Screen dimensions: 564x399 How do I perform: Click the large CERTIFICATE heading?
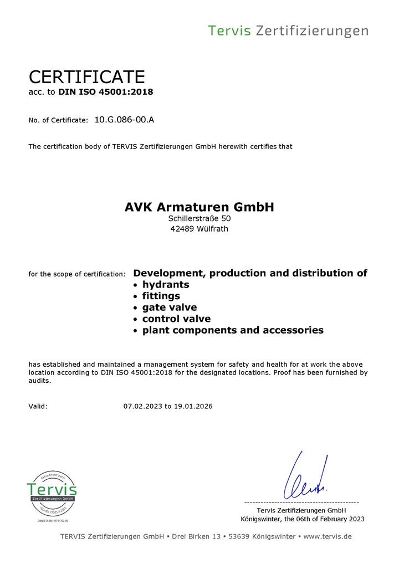pos(86,76)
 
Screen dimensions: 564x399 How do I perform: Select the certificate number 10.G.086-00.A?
pos(124,119)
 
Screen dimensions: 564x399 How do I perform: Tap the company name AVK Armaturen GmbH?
pos(199,207)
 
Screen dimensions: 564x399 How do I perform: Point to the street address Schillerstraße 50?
pos(199,219)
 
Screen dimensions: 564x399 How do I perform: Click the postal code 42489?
pos(182,229)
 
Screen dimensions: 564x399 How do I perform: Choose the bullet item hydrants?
pos(166,285)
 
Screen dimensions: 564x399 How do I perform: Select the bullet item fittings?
pos(161,296)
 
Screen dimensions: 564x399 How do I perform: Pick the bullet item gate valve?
pos(169,307)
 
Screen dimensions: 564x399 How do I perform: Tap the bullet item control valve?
pos(176,319)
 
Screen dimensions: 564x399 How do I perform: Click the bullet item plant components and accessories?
pos(233,330)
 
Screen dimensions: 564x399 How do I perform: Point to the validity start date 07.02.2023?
pos(143,406)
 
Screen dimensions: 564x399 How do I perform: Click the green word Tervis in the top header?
pos(229,30)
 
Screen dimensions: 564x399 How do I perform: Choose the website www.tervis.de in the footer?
pos(328,536)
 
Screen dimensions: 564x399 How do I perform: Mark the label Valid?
pos(38,406)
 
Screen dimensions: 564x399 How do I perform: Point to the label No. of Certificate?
pos(58,120)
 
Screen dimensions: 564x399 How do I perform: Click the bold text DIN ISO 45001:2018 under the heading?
pos(105,92)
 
